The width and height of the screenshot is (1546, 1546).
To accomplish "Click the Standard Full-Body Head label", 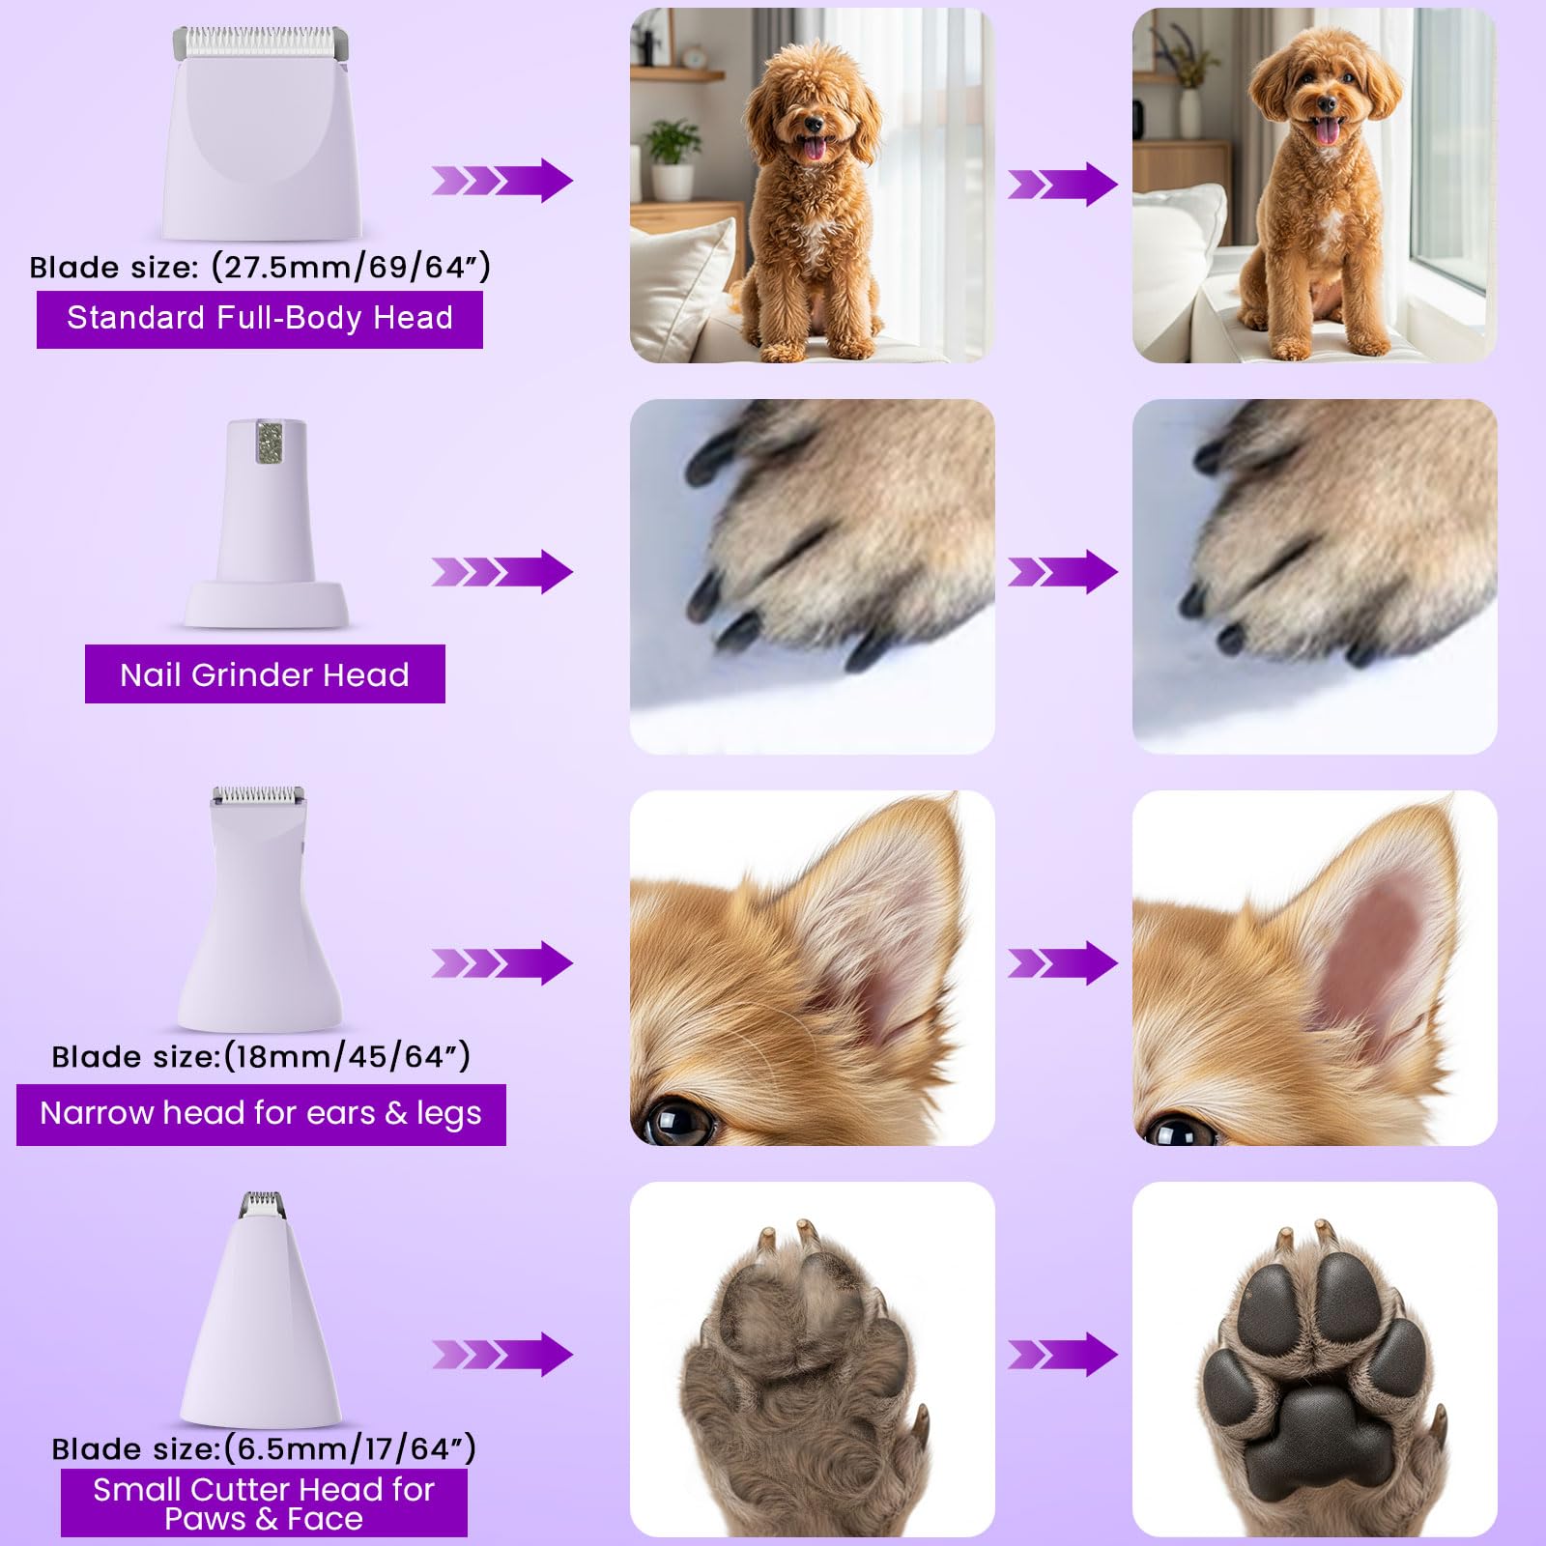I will [259, 319].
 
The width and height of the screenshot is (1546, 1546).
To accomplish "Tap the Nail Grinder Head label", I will [265, 674].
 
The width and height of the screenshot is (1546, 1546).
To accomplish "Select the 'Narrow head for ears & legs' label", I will [261, 1114].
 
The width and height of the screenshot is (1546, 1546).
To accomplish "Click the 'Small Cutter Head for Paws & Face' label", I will [264, 1503].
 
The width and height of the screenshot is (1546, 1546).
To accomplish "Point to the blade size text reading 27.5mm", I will [260, 267].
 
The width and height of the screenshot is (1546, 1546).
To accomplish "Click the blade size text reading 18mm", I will [261, 1056].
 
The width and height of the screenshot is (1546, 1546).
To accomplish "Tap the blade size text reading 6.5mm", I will [264, 1448].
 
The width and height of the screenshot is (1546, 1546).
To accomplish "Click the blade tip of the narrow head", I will [258, 796].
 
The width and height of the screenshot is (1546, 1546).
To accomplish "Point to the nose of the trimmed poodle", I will [1328, 104].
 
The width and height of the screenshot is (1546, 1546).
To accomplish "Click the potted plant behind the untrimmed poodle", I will [673, 155].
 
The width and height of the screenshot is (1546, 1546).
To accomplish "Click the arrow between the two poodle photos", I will [1062, 184].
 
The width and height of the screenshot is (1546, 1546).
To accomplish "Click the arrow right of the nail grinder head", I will [502, 572].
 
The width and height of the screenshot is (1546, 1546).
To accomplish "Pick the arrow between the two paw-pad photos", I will [1062, 1355].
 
